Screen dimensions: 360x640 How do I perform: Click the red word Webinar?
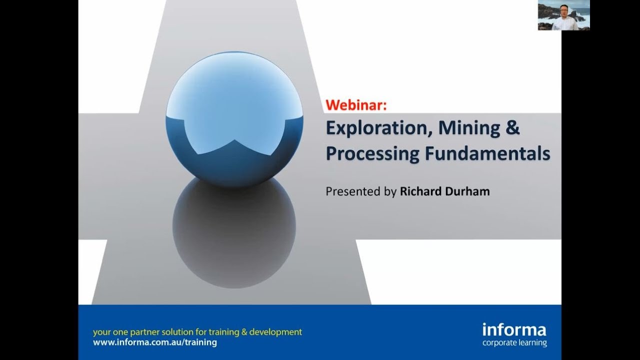(x=356, y=105)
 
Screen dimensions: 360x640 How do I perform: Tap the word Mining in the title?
(x=469, y=128)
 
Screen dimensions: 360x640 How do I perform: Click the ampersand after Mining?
(x=513, y=128)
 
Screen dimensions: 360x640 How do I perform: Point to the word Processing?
(x=372, y=153)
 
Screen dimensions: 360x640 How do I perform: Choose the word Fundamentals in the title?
(x=487, y=153)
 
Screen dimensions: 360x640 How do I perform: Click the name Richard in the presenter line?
(x=419, y=191)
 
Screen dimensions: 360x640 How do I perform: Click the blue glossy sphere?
(x=234, y=120)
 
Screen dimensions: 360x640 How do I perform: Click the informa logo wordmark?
(x=514, y=330)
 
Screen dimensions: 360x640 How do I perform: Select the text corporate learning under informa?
(x=514, y=343)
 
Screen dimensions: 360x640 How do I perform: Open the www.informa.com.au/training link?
(x=155, y=342)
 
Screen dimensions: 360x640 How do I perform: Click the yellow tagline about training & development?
(x=197, y=332)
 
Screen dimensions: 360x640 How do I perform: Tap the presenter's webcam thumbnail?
(x=563, y=15)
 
